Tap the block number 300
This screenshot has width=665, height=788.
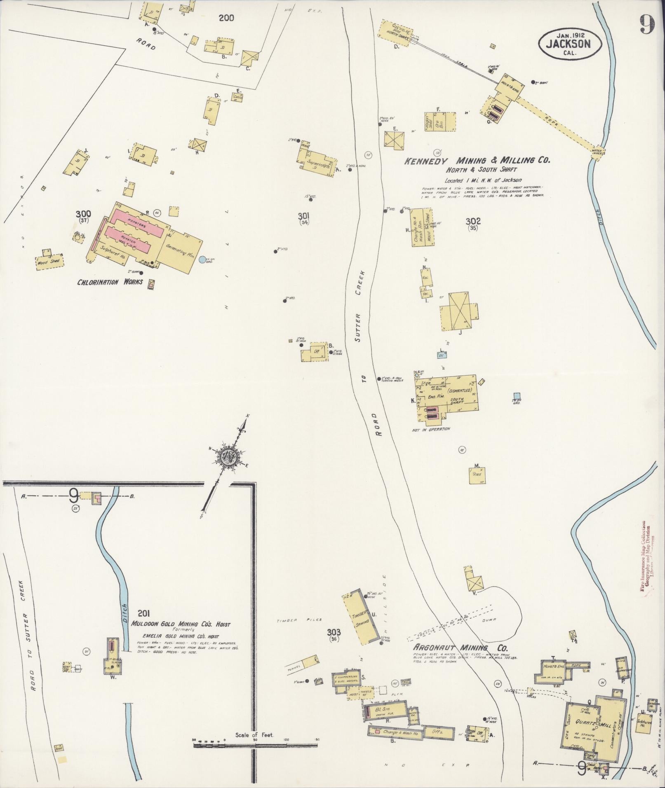coord(83,214)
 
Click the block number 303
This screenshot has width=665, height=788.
coord(334,632)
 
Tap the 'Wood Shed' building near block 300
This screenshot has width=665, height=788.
coord(49,261)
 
